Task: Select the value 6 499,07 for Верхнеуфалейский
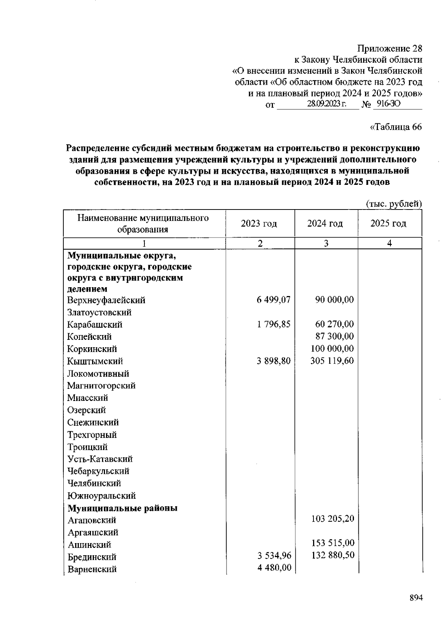[x=274, y=300]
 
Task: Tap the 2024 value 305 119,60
[x=332, y=360]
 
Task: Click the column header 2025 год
[x=388, y=223]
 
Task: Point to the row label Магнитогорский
[x=101, y=386]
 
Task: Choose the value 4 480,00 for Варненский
[x=274, y=568]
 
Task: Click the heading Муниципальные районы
[x=122, y=508]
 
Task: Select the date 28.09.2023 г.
[x=326, y=104]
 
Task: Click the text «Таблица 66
[x=396, y=127]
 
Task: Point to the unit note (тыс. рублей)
[x=394, y=204]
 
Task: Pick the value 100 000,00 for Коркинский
[x=332, y=348]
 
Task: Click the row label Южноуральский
[x=101, y=496]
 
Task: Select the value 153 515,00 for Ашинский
[x=333, y=543]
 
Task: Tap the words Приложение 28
[x=390, y=49]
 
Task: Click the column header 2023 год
[x=259, y=223]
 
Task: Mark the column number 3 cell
[x=326, y=243]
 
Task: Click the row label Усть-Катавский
[x=100, y=459]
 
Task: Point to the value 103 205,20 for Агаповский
[x=333, y=519]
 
